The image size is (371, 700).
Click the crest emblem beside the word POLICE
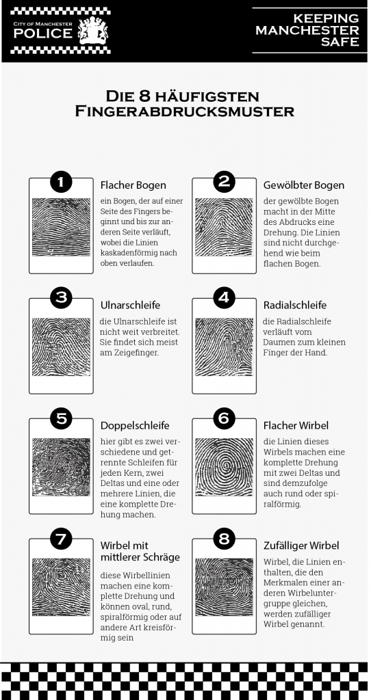93,31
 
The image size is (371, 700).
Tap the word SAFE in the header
340,42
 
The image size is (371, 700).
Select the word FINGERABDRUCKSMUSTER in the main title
184,111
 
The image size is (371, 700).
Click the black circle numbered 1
61,181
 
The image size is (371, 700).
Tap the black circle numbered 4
225,298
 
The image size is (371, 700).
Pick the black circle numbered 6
225,418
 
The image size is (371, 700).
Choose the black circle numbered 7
61,539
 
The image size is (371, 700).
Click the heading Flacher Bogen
133,185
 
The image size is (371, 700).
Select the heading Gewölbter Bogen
304,185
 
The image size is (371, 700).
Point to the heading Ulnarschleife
130,306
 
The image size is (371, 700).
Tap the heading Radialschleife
295,306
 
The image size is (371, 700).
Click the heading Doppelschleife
135,425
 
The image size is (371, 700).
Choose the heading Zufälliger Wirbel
301,546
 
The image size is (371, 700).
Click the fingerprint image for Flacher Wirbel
225,466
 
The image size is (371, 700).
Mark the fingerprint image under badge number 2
225,227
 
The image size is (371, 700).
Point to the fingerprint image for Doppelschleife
61,466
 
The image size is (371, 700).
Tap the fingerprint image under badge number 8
225,587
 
